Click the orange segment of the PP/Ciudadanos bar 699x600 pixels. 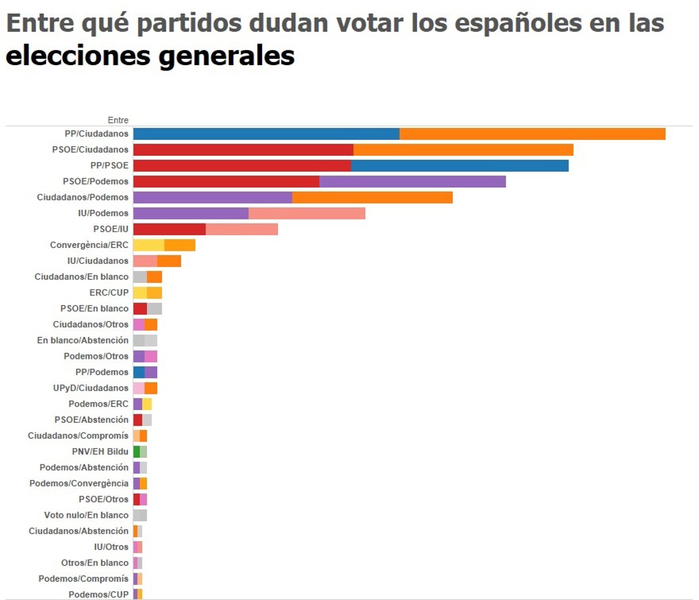click(x=532, y=134)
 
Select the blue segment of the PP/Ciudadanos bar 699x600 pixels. click(x=266, y=134)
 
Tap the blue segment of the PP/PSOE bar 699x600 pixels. click(x=460, y=165)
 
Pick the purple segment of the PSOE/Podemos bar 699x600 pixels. click(x=412, y=181)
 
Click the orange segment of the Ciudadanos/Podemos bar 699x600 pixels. click(x=372, y=197)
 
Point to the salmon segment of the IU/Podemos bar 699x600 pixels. click(x=307, y=213)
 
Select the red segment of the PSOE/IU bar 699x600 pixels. click(x=170, y=229)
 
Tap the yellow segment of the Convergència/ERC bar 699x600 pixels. click(x=149, y=245)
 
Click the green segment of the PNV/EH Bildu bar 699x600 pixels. click(x=136, y=451)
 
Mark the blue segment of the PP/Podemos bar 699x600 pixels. click(x=139, y=372)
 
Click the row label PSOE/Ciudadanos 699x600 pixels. click(x=90, y=150)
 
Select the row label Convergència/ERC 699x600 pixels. click(x=89, y=245)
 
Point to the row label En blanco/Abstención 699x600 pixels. click(x=83, y=340)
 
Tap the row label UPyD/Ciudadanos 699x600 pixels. click(x=91, y=388)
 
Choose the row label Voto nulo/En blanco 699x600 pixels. click(x=86, y=515)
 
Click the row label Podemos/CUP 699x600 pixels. click(x=98, y=594)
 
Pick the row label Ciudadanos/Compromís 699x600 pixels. click(x=78, y=436)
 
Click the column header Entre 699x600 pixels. click(x=118, y=120)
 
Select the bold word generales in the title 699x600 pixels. click(x=227, y=56)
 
